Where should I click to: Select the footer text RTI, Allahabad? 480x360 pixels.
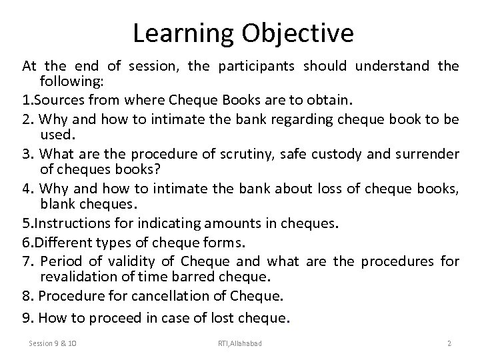tap(239, 343)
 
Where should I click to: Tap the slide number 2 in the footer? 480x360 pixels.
tap(449, 343)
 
